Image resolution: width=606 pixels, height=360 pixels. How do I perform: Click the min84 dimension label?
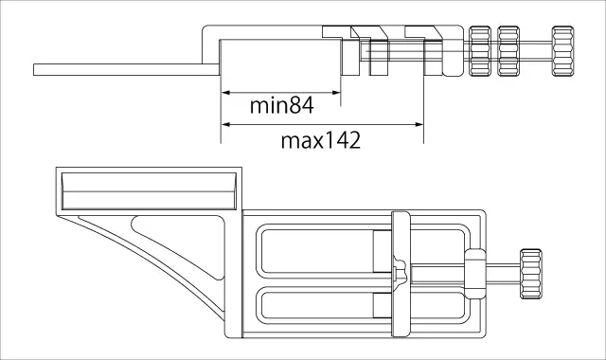[282, 105]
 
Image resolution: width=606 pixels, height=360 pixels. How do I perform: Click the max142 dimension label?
[321, 140]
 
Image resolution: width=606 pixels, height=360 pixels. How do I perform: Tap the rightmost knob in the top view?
[562, 51]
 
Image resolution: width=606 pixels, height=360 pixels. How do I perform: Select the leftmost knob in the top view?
[480, 51]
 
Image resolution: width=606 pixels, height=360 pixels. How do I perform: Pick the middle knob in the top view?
[508, 51]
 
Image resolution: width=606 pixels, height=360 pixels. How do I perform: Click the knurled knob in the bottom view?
[531, 274]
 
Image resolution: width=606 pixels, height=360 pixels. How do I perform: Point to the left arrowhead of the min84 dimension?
[226, 93]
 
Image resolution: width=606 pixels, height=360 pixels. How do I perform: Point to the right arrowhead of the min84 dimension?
[336, 93]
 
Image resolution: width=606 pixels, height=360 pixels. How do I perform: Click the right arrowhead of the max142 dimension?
[419, 124]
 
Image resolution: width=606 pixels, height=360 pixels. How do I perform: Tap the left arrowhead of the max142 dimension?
[226, 124]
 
